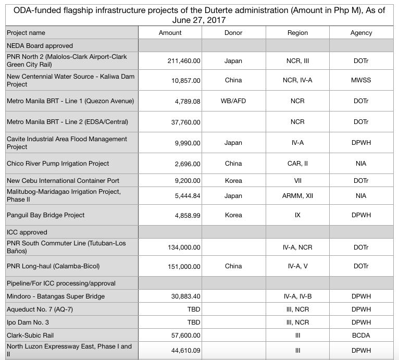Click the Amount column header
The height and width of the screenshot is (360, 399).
pos(170,33)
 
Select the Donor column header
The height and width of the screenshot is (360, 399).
pos(233,33)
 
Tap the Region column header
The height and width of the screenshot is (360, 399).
pos(297,33)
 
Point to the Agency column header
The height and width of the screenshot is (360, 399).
pos(361,33)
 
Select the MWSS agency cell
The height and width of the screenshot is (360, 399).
pos(361,81)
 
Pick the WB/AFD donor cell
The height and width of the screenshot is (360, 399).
pos(233,101)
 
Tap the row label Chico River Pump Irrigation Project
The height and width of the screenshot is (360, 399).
pos(58,164)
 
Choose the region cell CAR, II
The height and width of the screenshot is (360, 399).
pos(297,164)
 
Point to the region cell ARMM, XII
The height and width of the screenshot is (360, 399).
pos(297,196)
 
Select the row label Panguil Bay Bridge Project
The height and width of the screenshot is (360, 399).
pos(45,215)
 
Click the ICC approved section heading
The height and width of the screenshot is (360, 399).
pos(27,232)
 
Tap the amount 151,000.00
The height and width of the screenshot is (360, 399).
pos(184,267)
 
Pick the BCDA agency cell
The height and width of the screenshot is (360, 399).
pos(361,336)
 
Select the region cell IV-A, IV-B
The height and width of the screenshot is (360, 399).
pos(297,296)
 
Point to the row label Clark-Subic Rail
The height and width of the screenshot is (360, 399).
pos(30,336)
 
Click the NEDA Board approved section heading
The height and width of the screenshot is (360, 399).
pos(40,46)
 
